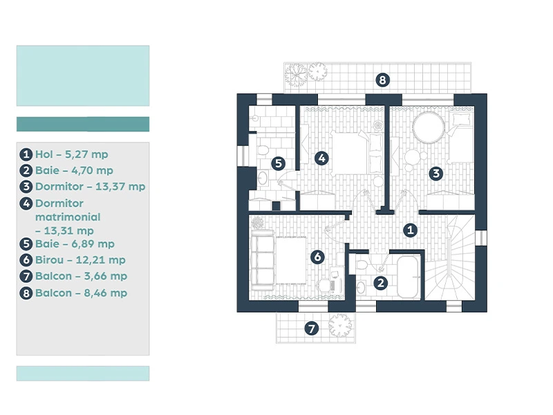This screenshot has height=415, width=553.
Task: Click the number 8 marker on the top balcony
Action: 383,80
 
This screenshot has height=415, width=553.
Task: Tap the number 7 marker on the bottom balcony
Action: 312,329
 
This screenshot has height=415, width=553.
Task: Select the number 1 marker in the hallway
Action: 410,230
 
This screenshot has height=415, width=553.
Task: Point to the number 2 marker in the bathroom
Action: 381,283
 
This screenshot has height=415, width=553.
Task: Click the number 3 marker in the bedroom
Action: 436,174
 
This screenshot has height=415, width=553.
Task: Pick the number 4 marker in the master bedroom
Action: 321,158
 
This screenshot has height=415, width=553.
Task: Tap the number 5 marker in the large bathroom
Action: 279,163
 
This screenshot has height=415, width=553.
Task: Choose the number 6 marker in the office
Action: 317,257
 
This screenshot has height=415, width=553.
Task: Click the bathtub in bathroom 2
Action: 408,277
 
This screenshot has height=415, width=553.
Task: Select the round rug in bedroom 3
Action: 429,127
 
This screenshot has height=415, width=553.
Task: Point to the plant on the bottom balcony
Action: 340,324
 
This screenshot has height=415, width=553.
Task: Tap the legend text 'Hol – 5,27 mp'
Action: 72,154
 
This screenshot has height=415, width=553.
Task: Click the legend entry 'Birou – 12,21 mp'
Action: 80,260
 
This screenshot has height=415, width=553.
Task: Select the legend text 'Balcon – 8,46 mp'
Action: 81,293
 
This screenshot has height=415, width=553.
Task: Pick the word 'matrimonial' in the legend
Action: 68,216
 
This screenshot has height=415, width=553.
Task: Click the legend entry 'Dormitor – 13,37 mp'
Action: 91,186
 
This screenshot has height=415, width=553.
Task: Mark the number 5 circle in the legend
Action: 26,244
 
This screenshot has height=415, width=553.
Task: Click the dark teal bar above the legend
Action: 83,124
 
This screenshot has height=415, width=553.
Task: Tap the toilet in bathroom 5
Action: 263,150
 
